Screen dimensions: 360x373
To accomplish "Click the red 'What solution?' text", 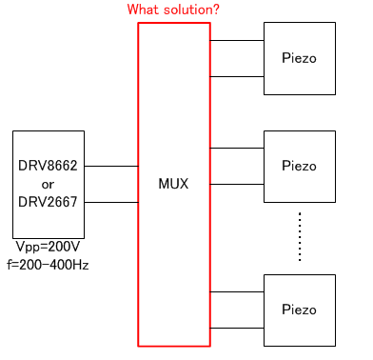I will pyautogui.click(x=174, y=10).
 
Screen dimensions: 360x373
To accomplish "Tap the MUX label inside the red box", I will pyautogui.click(x=173, y=184).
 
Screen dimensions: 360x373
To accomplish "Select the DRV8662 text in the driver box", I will pyautogui.click(x=48, y=165).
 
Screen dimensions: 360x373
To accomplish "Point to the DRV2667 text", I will pyautogui.click(x=48, y=201).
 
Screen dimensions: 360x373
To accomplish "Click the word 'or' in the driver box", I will pyautogui.click(x=48, y=183).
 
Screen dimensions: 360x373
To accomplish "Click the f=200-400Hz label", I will pyautogui.click(x=48, y=264).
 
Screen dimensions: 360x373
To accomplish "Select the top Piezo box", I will pyautogui.click(x=300, y=59).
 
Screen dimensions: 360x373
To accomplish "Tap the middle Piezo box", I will pyautogui.click(x=300, y=166).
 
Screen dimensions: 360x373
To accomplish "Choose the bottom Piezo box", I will pyautogui.click(x=300, y=310).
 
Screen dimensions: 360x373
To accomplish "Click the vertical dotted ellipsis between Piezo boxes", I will pyautogui.click(x=300, y=236).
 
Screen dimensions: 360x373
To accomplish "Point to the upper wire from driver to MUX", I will pyautogui.click(x=110, y=166).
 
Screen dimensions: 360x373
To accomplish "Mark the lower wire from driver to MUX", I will pyautogui.click(x=110, y=202).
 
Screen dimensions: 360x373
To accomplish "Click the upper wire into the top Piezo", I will pyautogui.click(x=237, y=41).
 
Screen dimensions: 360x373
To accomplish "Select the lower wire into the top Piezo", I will pyautogui.click(x=237, y=76).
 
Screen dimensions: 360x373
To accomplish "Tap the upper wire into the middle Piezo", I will pyautogui.click(x=237, y=148).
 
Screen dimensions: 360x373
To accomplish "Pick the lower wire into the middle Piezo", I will pyautogui.click(x=237, y=184).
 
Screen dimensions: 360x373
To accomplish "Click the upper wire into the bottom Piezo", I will pyautogui.click(x=237, y=291).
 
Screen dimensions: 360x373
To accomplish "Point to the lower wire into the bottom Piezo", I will pyautogui.click(x=237, y=328).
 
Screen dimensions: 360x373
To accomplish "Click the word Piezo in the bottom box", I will pyautogui.click(x=300, y=310).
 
